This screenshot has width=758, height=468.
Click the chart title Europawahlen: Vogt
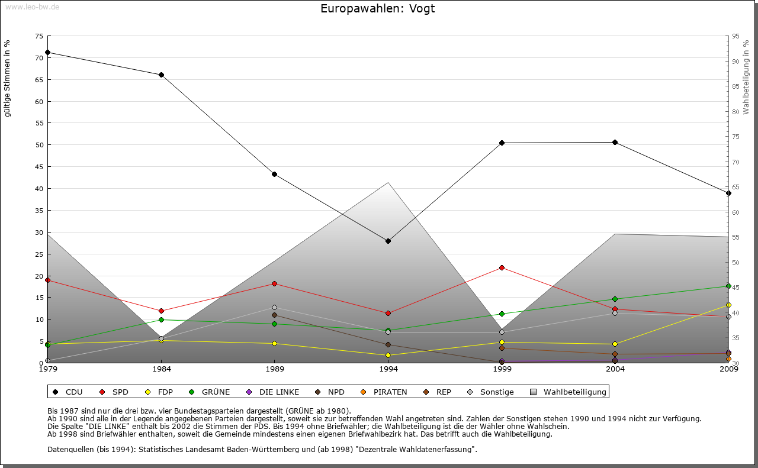378,8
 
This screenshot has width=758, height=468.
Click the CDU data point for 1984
161,75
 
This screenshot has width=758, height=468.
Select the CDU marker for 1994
388,241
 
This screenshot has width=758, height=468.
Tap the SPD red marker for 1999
502,267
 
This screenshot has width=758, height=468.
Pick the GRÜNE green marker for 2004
615,299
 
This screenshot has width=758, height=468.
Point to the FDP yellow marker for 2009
728,305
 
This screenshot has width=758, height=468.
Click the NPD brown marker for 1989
274,315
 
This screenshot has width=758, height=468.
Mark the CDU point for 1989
274,174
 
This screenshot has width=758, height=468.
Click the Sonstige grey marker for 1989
274,307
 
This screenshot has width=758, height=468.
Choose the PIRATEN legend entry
384,392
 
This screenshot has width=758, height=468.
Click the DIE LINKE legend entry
273,392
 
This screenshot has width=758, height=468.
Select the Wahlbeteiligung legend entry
568,392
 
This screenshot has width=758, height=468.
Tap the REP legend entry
438,392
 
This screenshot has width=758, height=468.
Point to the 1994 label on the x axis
388,370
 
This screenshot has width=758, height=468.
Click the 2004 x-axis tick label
615,370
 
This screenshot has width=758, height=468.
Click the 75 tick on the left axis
39,36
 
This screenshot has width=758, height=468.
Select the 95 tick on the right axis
735,36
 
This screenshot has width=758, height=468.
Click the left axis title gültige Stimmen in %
8,78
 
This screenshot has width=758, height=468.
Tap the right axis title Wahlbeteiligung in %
746,77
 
